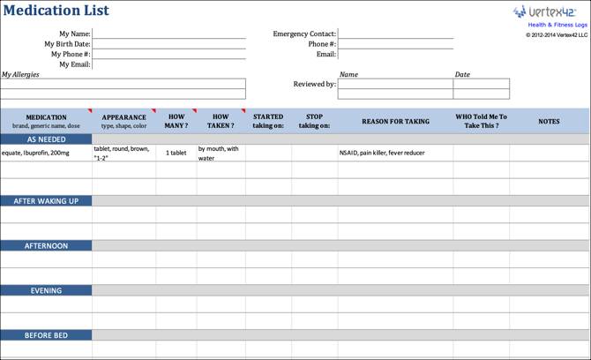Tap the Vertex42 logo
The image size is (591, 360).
coord(545,11)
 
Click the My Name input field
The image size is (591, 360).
coord(168,34)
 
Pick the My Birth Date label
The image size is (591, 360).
coord(67,44)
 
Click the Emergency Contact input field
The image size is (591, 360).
coord(395,34)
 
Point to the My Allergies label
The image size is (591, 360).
coord(21,75)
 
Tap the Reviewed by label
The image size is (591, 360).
coord(314,85)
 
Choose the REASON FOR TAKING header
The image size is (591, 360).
coord(395,122)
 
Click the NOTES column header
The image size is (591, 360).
coord(549,122)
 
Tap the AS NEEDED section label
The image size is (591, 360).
coord(46,139)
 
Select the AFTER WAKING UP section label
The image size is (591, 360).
coord(46,201)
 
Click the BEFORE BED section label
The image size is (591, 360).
coord(46,335)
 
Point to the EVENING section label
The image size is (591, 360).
coord(46,290)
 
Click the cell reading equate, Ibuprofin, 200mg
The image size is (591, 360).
coord(35,153)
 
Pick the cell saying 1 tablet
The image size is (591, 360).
coord(176,153)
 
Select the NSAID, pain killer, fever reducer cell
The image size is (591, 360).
coord(382,153)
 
